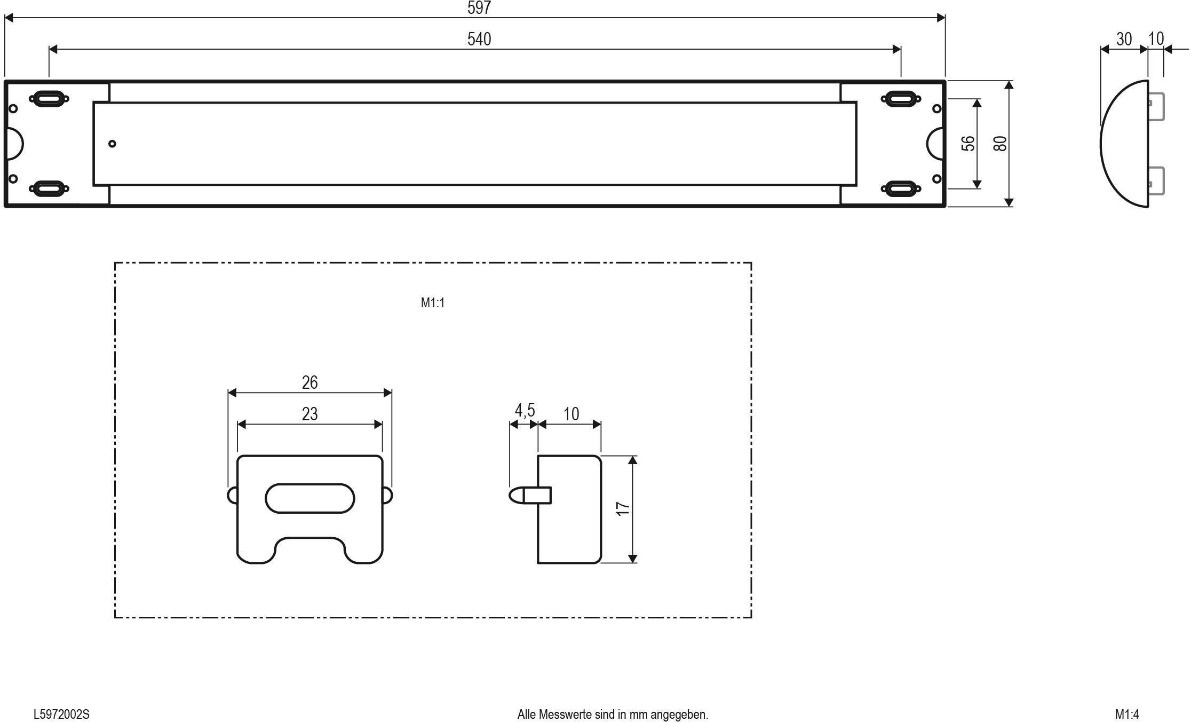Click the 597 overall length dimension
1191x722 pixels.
pos(479,7)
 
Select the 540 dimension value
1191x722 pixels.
pos(479,39)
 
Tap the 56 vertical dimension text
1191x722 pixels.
pos(968,144)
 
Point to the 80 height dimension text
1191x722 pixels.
pos(1000,144)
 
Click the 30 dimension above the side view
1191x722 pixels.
pos(1123,40)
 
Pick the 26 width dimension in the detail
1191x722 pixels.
pos(309,382)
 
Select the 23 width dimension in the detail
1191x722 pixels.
pos(309,414)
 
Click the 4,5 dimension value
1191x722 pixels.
pos(524,411)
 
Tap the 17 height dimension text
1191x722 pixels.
pos(623,508)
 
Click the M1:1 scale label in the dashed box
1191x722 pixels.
pos(432,303)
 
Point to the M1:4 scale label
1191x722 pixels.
pos(1126,714)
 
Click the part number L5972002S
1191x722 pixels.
pos(61,714)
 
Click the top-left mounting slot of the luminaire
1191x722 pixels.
pos(49,98)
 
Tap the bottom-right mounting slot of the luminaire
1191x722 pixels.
pos(901,189)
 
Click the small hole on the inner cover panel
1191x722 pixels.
pos(112,144)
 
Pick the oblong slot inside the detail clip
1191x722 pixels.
pos(309,498)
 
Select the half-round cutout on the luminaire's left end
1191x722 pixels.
pos(15,144)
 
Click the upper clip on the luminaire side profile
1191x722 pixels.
pos(1156,107)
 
